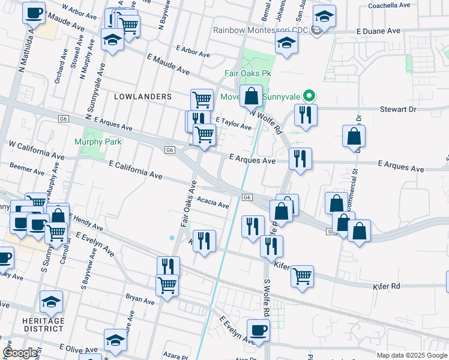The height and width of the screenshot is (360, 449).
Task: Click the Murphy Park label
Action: (x=98, y=142)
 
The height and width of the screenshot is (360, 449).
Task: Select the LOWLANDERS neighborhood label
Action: (x=143, y=96)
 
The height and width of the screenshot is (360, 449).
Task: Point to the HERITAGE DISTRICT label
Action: (x=52, y=325)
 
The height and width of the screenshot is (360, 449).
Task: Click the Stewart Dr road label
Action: (x=398, y=109)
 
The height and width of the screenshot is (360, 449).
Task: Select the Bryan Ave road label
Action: (x=140, y=296)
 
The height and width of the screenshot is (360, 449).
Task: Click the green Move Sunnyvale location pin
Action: (x=310, y=95)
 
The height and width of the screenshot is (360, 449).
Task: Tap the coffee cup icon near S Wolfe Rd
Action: (x=258, y=330)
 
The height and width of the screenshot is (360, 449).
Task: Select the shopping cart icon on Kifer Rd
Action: (x=302, y=275)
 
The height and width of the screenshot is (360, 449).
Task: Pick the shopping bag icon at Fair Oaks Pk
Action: (x=251, y=95)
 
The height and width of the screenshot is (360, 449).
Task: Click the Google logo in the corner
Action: (x=20, y=353)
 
